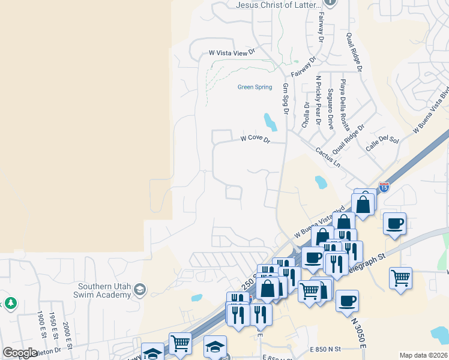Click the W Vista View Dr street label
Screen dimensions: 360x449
point(232,53)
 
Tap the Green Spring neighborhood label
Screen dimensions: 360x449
point(255,87)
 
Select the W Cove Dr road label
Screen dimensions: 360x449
point(256,139)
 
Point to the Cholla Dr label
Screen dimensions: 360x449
point(306,115)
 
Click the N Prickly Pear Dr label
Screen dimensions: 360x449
point(319,100)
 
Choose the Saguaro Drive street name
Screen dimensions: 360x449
point(330,108)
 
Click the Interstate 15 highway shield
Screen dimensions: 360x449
point(384,187)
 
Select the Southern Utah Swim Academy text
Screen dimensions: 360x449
point(106,290)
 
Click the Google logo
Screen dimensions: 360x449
point(20,353)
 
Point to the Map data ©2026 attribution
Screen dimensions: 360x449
point(423,355)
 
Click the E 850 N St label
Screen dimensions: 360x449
point(325,349)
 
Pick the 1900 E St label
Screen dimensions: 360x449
point(40,325)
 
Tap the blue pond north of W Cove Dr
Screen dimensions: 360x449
point(270,122)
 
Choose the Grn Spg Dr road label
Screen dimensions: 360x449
point(286,99)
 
